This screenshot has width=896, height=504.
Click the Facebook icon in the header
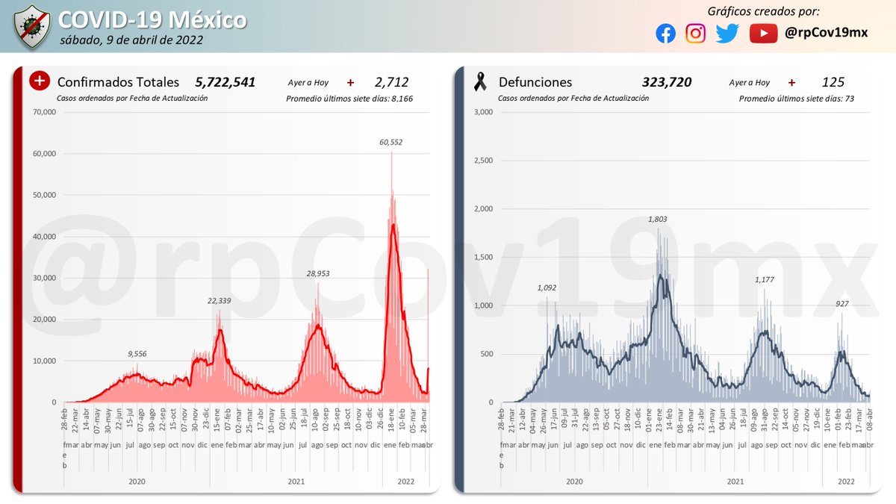coord(666,34)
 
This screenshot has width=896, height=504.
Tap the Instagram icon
coord(696,34)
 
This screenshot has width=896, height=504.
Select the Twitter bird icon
coord(727,34)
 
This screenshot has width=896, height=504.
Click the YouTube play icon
coord(763,34)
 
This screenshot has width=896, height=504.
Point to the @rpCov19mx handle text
coord(827,34)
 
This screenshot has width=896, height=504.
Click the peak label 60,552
coord(391,141)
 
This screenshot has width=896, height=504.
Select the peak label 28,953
coord(317,273)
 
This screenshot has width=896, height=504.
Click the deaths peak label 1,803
coord(657,220)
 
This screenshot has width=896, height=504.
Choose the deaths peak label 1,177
coord(765,279)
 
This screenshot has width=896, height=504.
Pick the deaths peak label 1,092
coord(547,287)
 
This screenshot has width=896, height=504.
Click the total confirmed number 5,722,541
coord(225,82)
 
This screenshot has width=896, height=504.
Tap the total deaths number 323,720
coord(666,82)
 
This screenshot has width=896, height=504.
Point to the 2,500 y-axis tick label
coord(484,161)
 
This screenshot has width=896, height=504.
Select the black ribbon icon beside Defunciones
coord(480,82)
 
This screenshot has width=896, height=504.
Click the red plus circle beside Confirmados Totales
coord(40,81)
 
